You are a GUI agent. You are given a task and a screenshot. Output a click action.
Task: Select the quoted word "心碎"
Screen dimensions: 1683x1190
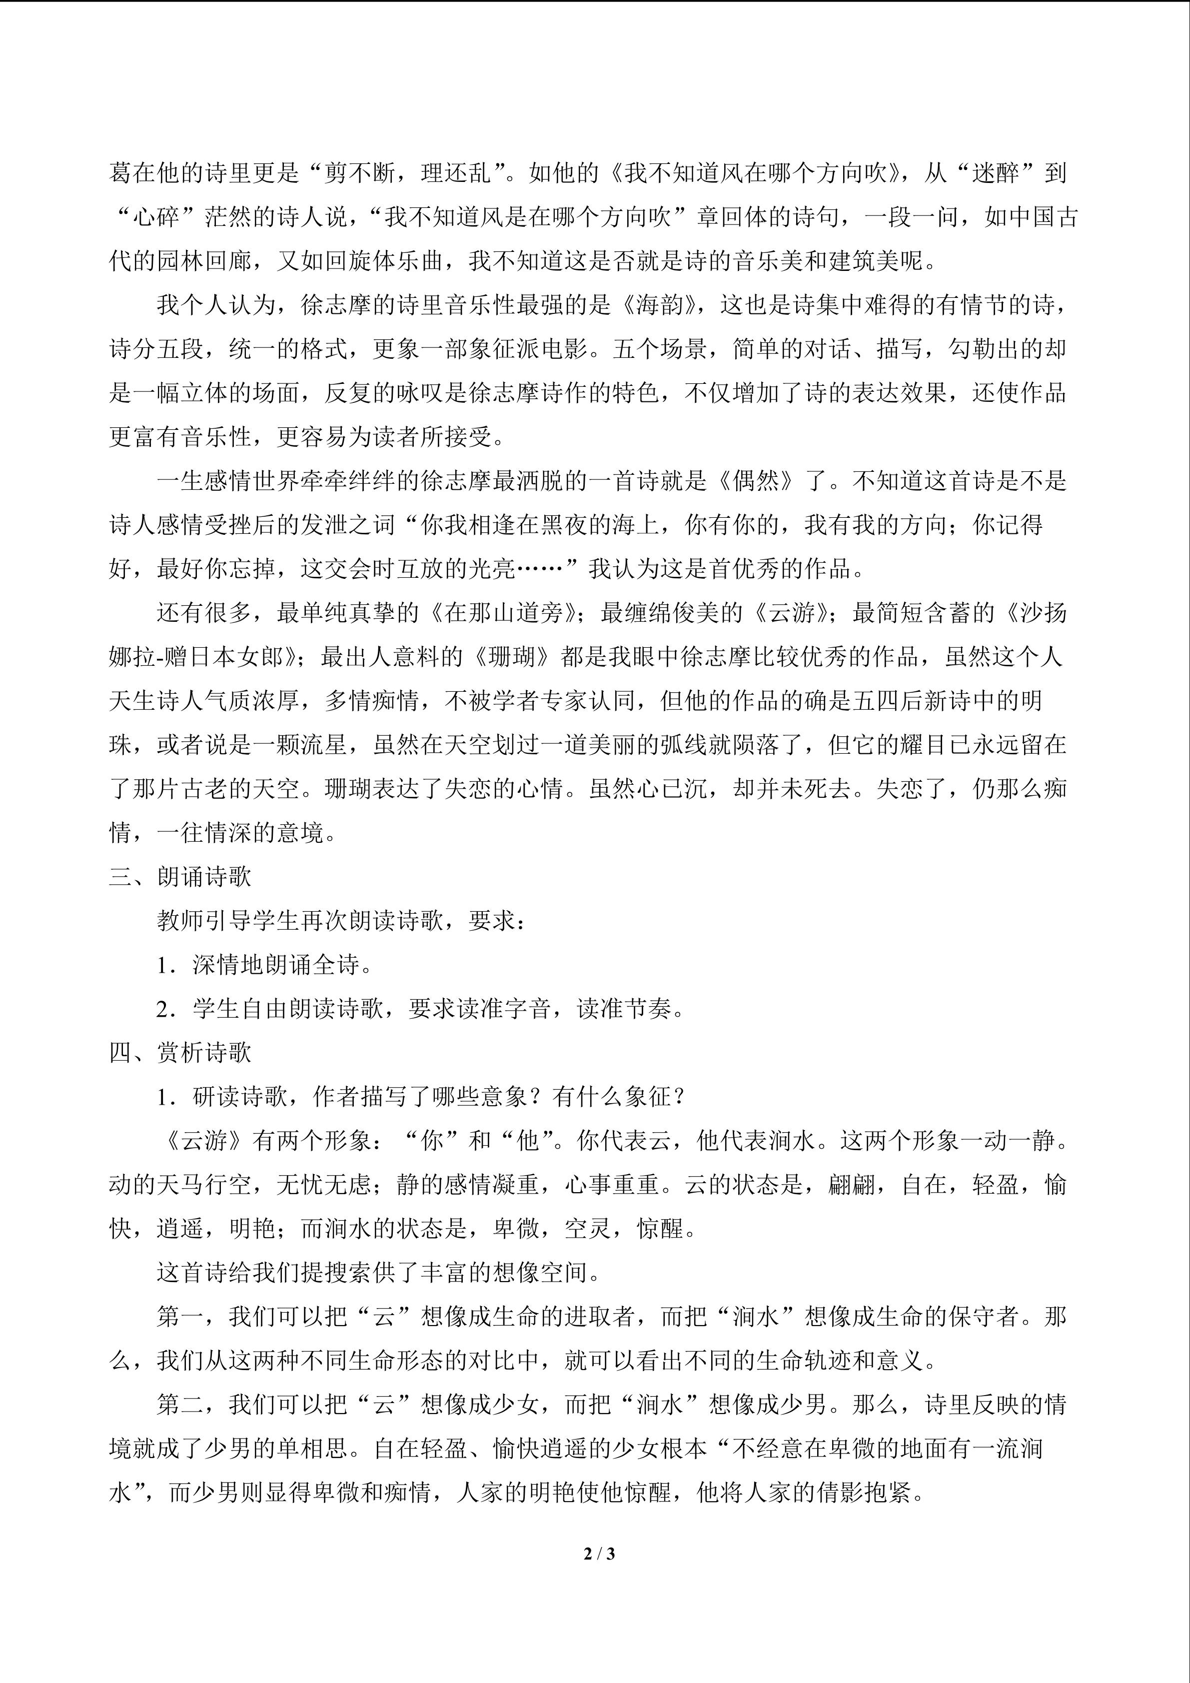tap(157, 216)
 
